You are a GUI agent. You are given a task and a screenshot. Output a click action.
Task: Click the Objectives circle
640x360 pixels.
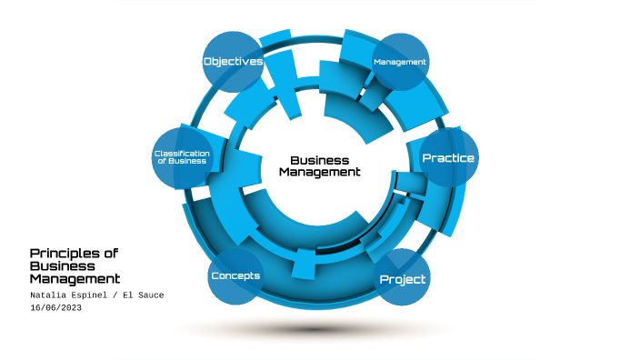tap(233, 62)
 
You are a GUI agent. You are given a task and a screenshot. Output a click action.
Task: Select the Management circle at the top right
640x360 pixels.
tap(400, 62)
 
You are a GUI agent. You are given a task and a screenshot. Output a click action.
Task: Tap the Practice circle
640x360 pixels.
tap(448, 158)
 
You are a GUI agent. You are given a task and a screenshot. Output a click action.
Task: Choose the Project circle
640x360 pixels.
tap(402, 278)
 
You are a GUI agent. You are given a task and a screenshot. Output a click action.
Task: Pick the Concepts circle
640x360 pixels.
tap(235, 275)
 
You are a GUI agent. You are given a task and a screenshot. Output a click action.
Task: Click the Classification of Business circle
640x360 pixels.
tap(182, 157)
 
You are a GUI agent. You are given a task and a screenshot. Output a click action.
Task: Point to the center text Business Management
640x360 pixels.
tap(319, 165)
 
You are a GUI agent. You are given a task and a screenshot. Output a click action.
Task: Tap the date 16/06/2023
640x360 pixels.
tap(56, 308)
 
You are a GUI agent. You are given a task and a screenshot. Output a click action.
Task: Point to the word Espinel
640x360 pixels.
tap(94, 295)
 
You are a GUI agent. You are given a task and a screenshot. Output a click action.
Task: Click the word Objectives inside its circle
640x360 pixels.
tap(233, 62)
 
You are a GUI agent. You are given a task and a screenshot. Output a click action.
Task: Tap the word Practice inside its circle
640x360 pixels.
tap(448, 158)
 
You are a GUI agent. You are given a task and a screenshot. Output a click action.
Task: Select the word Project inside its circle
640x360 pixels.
tap(402, 279)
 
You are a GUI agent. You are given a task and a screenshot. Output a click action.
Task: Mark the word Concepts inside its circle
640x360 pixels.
tap(235, 275)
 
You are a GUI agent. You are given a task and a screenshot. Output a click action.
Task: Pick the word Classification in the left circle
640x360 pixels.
tap(182, 153)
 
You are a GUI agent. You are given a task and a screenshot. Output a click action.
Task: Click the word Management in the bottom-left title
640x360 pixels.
tap(75, 279)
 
